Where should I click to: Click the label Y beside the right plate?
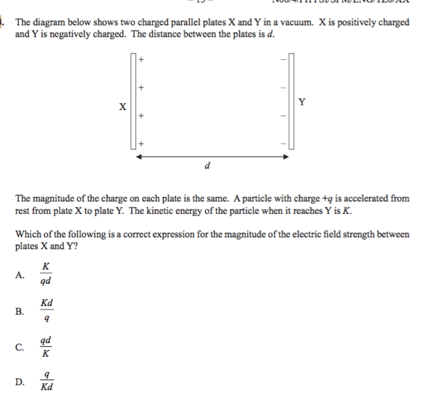click(302, 102)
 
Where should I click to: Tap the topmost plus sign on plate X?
click(141, 60)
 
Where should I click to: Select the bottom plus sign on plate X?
click(141, 143)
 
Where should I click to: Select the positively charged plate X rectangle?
click(133, 101)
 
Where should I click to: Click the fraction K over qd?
click(45, 274)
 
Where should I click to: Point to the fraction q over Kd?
click(47, 381)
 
